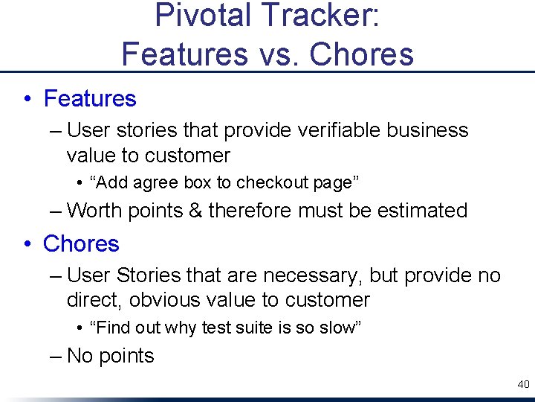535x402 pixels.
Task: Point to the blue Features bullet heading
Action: pyautogui.click(x=90, y=98)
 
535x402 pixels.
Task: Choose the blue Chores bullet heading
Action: pyautogui.click(x=81, y=243)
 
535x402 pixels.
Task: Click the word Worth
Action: pyautogui.click(x=95, y=211)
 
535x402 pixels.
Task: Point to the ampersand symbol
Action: pyautogui.click(x=195, y=211)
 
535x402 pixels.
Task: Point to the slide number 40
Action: pyautogui.click(x=523, y=384)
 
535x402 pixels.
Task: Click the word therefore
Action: pyautogui.click(x=250, y=211)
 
